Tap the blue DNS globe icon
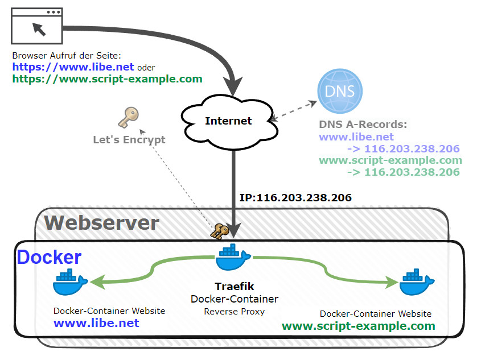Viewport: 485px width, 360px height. coord(339,91)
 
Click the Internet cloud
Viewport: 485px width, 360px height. coord(228,121)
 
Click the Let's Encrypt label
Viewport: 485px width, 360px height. coord(129,139)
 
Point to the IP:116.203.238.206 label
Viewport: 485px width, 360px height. coord(295,198)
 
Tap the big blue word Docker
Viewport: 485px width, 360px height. coord(49,257)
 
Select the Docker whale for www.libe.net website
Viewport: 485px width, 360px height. coord(70,281)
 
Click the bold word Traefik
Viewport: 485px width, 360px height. coord(235,286)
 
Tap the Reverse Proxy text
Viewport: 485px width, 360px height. coord(235,311)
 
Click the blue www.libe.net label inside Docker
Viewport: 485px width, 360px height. coord(96,323)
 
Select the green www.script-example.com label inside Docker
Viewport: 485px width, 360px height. coord(359,326)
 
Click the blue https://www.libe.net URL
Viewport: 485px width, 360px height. coord(73,67)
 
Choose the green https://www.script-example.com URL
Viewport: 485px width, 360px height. coord(107,79)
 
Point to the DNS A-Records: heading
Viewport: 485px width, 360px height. coord(363,125)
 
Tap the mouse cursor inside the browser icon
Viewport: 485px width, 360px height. coord(39,28)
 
